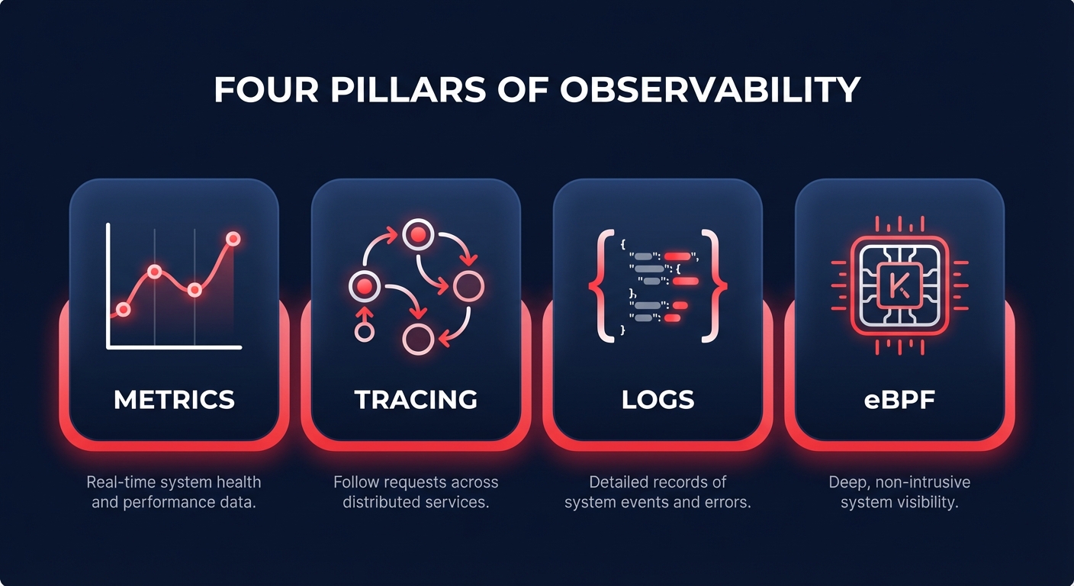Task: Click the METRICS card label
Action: pyautogui.click(x=174, y=399)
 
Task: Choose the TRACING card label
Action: pyautogui.click(x=416, y=399)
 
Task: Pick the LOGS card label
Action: pyautogui.click(x=658, y=399)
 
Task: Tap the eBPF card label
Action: pyautogui.click(x=899, y=399)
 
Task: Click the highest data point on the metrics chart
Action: pyautogui.click(x=233, y=239)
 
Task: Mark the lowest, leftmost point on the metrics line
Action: pyautogui.click(x=123, y=309)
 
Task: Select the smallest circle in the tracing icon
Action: pyautogui.click(x=365, y=332)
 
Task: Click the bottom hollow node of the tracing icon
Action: pyautogui.click(x=417, y=339)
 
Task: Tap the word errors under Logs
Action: pyautogui.click(x=728, y=503)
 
